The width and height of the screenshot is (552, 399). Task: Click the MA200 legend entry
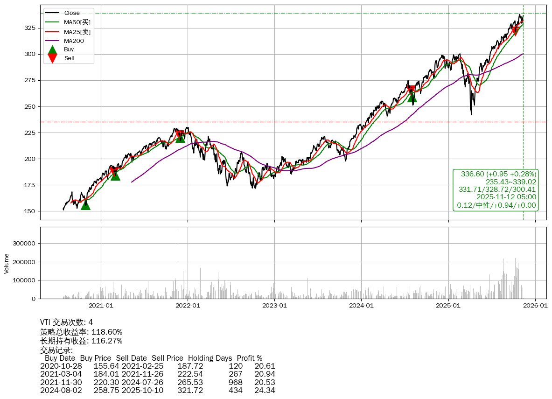73,41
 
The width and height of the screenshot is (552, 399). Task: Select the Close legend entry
71,13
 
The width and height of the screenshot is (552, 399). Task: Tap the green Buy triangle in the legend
53,49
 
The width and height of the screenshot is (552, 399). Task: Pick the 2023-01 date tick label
274,306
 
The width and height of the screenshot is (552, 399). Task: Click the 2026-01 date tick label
535,306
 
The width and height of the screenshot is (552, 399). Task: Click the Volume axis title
7,263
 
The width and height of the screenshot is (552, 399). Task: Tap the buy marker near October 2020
85,204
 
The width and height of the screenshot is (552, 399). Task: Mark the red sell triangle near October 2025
516,31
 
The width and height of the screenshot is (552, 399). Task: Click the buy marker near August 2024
412,97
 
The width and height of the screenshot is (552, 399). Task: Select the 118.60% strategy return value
107,332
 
